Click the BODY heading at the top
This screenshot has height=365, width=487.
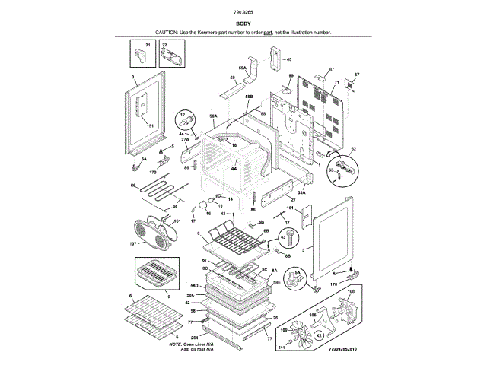(243, 24)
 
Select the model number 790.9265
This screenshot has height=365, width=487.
(243, 13)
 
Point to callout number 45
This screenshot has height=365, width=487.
(288, 59)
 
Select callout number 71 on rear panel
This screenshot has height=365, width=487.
(336, 81)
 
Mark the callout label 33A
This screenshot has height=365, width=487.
(301, 193)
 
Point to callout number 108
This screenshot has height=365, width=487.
(350, 291)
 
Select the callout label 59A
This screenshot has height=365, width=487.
(241, 68)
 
